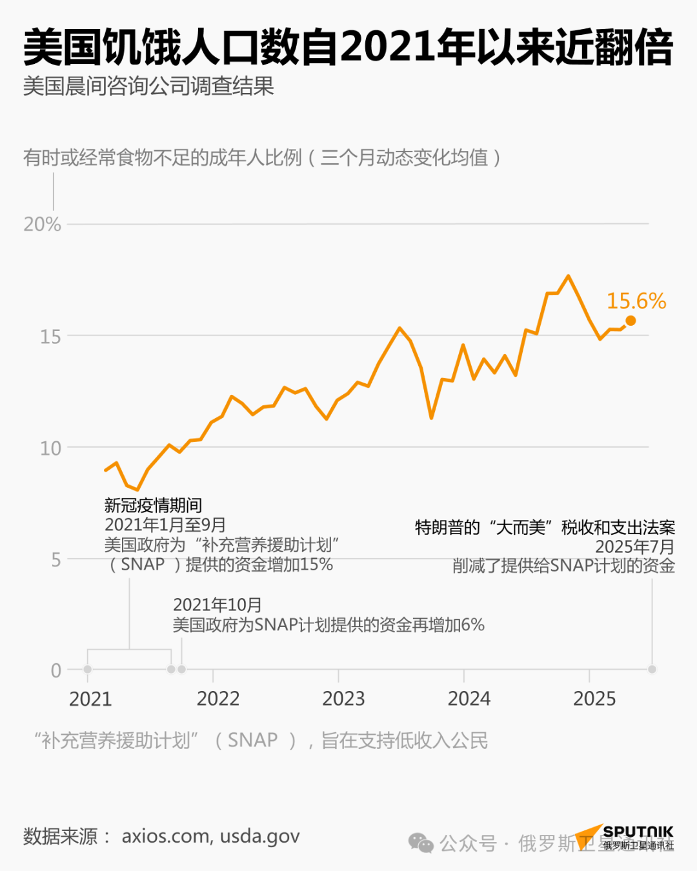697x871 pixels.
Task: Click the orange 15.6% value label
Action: [636, 301]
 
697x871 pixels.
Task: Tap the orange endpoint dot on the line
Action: [631, 321]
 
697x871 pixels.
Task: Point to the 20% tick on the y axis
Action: [42, 225]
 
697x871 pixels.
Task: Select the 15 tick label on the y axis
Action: [50, 336]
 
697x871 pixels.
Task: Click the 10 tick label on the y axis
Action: [50, 448]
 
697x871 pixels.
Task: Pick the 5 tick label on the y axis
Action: [56, 559]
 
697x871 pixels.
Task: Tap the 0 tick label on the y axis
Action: [56, 670]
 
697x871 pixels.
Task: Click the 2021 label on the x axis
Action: [90, 699]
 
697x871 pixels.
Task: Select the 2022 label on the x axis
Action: [218, 699]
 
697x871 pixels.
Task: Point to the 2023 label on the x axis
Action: [343, 699]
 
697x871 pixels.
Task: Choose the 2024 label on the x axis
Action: [469, 699]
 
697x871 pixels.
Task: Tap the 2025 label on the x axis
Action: [594, 699]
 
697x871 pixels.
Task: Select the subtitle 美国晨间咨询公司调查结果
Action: [148, 86]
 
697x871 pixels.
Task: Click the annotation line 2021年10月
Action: [217, 605]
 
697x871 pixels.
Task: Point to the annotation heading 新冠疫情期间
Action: [153, 505]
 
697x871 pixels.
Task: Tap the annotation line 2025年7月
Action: [634, 547]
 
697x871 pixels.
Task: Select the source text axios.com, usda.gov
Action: [210, 836]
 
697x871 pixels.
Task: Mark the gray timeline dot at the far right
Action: [652, 670]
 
